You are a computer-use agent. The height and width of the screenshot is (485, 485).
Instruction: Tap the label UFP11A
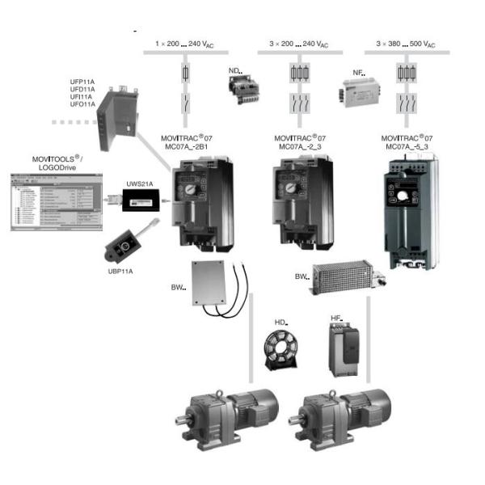(x=83, y=82)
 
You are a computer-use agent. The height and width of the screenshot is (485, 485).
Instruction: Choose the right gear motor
(x=343, y=411)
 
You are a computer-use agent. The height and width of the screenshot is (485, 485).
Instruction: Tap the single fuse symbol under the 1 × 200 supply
(x=188, y=74)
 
